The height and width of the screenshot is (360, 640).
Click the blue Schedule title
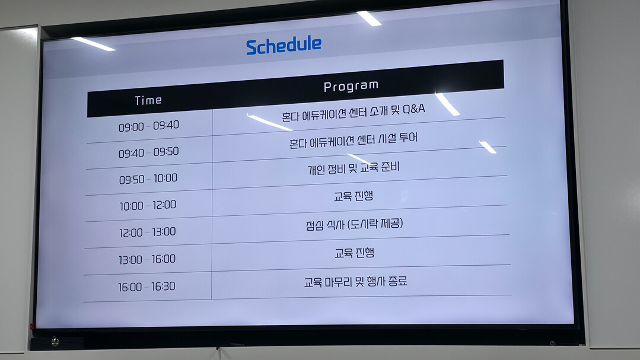pos(284,45)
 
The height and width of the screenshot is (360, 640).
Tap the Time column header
pos(148,100)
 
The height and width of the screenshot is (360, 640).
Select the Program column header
pos(351,86)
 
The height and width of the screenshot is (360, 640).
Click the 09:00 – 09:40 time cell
pos(149,126)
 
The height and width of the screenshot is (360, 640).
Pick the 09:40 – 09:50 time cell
pos(148,152)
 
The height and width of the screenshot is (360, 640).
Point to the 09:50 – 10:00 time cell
pos(148,179)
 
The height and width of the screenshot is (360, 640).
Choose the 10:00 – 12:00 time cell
pos(148,205)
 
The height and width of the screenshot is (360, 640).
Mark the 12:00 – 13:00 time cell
pos(147,232)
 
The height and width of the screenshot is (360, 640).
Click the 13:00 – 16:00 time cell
pos(147,259)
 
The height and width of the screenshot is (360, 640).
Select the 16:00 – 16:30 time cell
pos(147,286)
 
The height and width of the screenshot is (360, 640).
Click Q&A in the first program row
pos(414,109)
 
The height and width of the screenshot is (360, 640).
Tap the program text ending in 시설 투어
pos(354,141)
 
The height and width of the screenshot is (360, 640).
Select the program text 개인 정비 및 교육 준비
pos(354,168)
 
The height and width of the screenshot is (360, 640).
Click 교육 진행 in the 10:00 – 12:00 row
pos(354,196)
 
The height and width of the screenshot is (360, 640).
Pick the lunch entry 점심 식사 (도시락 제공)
pos(354,224)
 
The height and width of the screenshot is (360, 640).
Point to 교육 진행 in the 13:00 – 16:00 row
pos(354,253)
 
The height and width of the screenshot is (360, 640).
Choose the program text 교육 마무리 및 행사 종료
pos(355,282)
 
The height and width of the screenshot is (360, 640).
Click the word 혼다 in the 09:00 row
pos(291,116)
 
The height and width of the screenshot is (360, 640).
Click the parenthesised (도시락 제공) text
pos(375,224)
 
